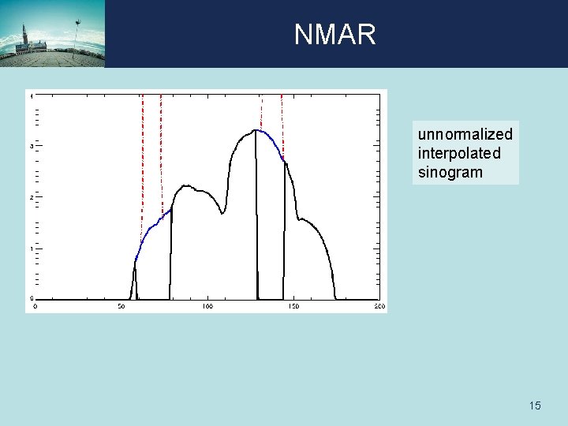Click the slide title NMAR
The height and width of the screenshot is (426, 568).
(335, 35)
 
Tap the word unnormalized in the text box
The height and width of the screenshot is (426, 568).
(465, 134)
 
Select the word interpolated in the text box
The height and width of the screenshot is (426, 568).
(459, 153)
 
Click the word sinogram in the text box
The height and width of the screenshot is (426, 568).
(450, 172)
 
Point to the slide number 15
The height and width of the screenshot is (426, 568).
(535, 405)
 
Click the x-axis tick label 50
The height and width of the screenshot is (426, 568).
(121, 306)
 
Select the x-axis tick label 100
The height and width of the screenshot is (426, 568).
(207, 306)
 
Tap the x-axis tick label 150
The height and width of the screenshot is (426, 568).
(293, 306)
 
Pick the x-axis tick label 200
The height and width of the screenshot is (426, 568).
(379, 306)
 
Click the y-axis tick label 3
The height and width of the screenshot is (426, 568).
(31, 147)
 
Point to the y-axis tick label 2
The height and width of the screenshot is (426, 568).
(31, 198)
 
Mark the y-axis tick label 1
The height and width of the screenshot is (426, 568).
(31, 248)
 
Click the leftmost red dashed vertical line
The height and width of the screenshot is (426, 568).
(142, 158)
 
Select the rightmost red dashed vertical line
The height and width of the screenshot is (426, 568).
(282, 126)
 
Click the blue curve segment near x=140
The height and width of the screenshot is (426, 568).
(273, 142)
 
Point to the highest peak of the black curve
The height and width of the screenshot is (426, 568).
(256, 130)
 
